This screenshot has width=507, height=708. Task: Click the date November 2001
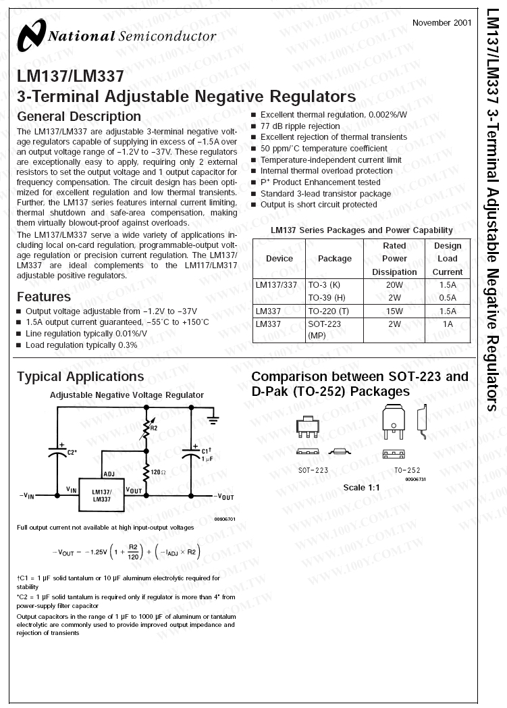442,22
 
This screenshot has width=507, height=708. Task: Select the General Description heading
79,116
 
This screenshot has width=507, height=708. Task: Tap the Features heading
44,297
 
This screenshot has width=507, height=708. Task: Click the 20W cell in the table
394,285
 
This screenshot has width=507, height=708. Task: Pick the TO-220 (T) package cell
328,311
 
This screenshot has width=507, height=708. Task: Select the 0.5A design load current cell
448,297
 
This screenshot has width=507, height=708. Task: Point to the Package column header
335,259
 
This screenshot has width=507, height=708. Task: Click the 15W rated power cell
394,311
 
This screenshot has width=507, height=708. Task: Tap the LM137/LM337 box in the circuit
101,495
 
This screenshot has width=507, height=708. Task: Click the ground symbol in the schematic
213,420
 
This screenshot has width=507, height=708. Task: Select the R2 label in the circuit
153,428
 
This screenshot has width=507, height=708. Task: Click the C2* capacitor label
71,452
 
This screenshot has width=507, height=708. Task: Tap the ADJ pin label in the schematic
109,474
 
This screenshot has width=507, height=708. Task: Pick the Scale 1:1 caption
362,488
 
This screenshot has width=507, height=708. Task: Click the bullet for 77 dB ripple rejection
255,126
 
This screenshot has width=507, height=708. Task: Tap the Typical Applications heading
80,376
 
